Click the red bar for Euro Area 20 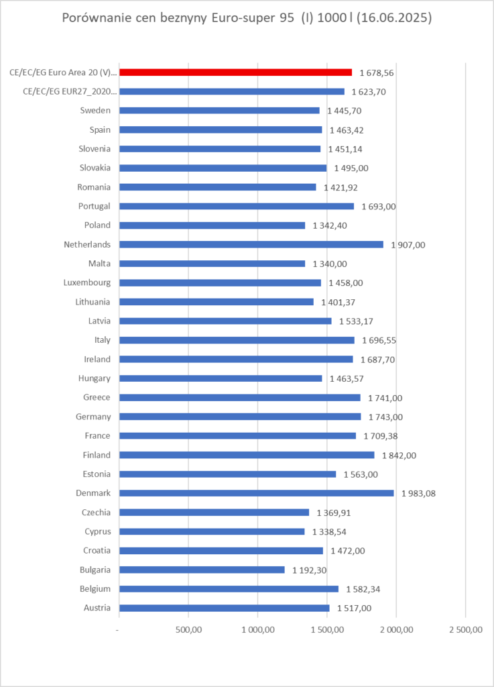[235, 72]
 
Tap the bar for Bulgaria [202, 570]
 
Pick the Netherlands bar [251, 244]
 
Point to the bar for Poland [212, 225]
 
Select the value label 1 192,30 [310, 570]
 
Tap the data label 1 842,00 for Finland [399, 455]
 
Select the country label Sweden [95, 111]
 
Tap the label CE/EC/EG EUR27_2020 [70, 91]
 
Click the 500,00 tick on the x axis [188, 630]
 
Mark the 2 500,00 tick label [465, 630]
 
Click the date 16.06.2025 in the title [391, 19]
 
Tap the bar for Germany [239, 417]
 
